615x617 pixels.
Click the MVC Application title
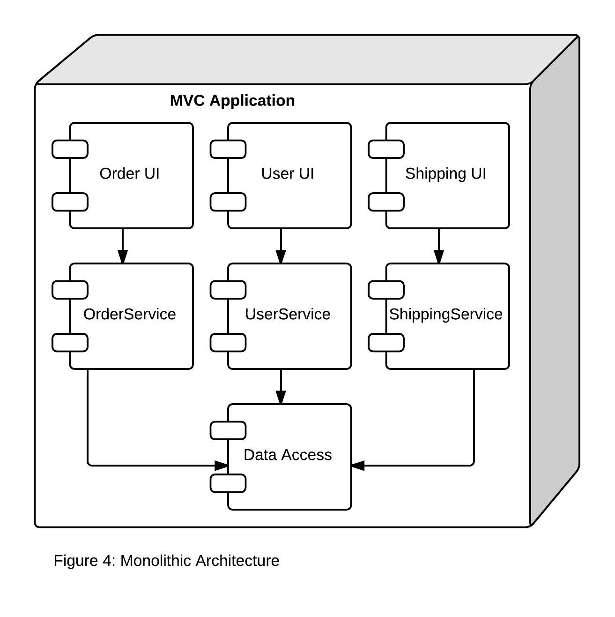232,101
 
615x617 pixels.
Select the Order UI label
130,173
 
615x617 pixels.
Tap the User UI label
288,173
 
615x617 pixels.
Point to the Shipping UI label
446,174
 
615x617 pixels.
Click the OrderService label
130,314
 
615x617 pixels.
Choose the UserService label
288,314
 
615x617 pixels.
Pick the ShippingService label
446,315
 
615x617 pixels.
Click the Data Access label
288,455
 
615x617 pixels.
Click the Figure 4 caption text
166,561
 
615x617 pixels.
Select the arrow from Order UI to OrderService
123,246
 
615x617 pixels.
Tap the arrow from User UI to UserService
281,246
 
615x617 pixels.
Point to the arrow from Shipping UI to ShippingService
439,246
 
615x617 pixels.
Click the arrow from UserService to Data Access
281,387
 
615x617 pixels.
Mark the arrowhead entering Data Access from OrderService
221,466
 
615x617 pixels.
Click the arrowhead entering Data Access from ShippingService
358,466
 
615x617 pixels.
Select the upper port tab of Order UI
70,149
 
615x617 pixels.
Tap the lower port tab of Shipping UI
386,202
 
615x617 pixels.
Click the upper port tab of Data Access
228,431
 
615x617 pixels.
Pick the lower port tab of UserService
228,343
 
